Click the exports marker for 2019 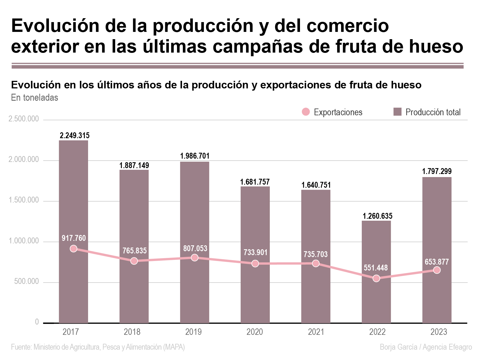tap(195, 258)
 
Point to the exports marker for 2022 tap(376, 278)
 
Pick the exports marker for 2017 tap(74, 249)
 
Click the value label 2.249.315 tap(75, 136)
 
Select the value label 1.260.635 tap(377, 216)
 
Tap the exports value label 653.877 tap(437, 262)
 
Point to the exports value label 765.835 tap(134, 251)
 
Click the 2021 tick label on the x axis tap(316, 332)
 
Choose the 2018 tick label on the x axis tap(132, 332)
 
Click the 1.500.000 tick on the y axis tap(24, 200)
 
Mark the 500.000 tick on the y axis tap(27, 281)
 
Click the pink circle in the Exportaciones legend tap(306, 112)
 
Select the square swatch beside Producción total tap(397, 112)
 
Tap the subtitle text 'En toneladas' tap(35, 98)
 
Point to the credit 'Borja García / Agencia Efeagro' tap(426, 347)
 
